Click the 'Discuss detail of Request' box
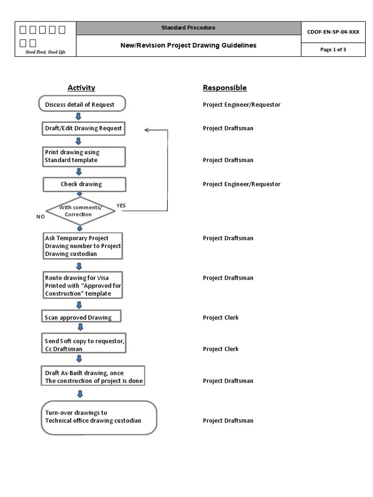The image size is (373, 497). point(82,104)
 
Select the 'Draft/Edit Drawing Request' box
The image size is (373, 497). point(84,128)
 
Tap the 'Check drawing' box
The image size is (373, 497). point(84,184)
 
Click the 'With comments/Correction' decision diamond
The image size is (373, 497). point(81,211)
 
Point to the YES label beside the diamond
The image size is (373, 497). point(121,205)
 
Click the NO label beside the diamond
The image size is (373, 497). point(40,216)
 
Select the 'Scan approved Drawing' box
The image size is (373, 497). point(81,317)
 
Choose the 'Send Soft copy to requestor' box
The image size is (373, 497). point(85,345)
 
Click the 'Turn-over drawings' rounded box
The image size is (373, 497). point(99,417)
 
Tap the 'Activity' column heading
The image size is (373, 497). point(81,88)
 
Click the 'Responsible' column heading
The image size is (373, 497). point(224,88)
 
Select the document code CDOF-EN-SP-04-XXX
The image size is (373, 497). point(333,32)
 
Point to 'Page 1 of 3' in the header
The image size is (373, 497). point(333,50)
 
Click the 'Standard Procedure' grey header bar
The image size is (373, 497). point(188,28)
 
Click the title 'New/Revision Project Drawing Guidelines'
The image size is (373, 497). point(188,46)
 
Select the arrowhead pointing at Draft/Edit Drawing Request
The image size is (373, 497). point(147,130)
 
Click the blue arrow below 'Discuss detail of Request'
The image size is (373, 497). point(78,116)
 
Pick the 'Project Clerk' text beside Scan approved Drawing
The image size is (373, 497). point(220,317)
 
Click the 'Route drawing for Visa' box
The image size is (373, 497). point(83,285)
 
